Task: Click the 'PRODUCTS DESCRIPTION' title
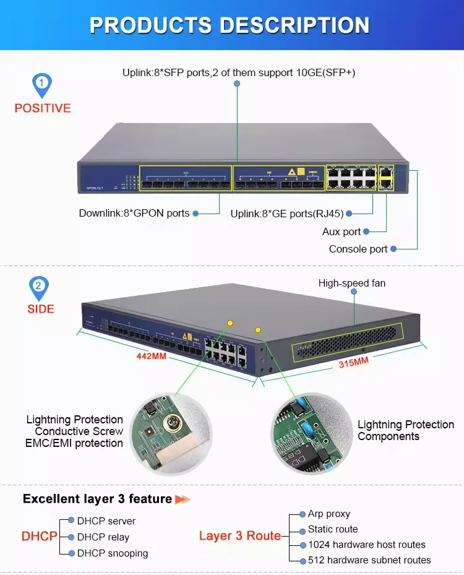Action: [230, 25]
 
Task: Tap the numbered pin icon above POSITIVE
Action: [41, 84]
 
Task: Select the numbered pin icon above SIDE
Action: [39, 287]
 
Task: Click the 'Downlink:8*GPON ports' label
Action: [134, 213]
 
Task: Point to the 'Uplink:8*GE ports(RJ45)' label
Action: [286, 214]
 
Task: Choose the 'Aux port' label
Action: [341, 231]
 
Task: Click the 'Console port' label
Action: [358, 249]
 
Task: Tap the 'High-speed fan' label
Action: [351, 283]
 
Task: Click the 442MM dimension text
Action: [150, 356]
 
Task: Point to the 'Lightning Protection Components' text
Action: [405, 430]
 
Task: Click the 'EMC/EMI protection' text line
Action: [74, 443]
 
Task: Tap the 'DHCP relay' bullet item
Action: [103, 537]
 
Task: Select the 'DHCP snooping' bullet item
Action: [112, 553]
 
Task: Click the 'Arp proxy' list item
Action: [329, 514]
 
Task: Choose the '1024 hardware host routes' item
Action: [366, 545]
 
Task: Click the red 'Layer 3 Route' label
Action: [239, 535]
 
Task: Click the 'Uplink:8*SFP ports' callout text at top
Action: [238, 72]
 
